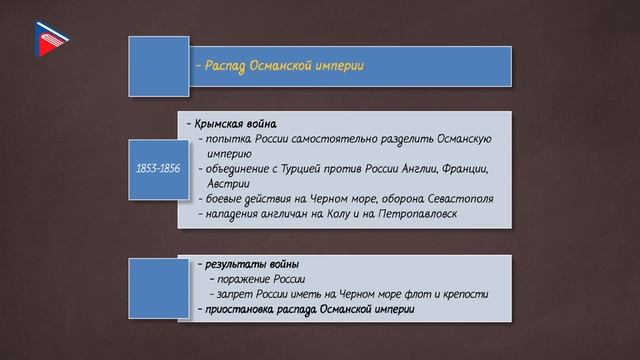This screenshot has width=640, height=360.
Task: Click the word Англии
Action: click(x=412, y=168)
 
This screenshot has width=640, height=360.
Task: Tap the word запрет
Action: click(x=231, y=294)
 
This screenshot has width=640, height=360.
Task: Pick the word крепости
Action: click(x=463, y=294)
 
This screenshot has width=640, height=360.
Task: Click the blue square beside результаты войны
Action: click(x=157, y=286)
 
